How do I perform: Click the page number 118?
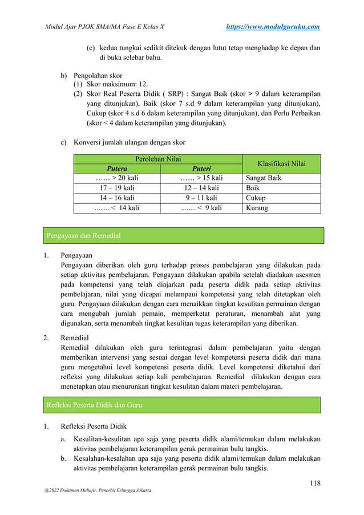click(x=314, y=484)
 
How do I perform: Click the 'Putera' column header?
click(x=117, y=168)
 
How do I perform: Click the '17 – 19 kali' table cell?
click(x=117, y=188)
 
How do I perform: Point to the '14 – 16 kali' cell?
click(x=117, y=198)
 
